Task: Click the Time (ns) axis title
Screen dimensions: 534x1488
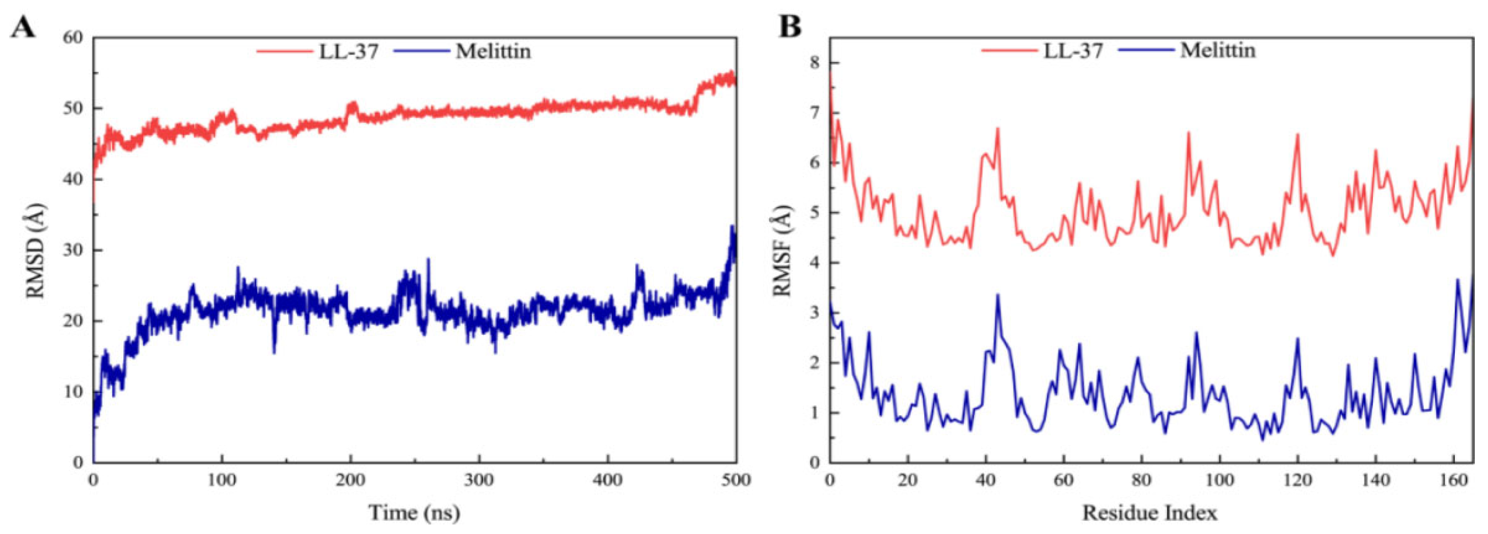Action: coord(414,512)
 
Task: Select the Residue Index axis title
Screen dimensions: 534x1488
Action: coord(1149,512)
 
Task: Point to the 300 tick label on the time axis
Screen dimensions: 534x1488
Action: coord(479,480)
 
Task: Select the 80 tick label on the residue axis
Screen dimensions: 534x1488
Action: coord(1142,480)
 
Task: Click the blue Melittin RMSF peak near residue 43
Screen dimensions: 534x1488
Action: coord(997,295)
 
